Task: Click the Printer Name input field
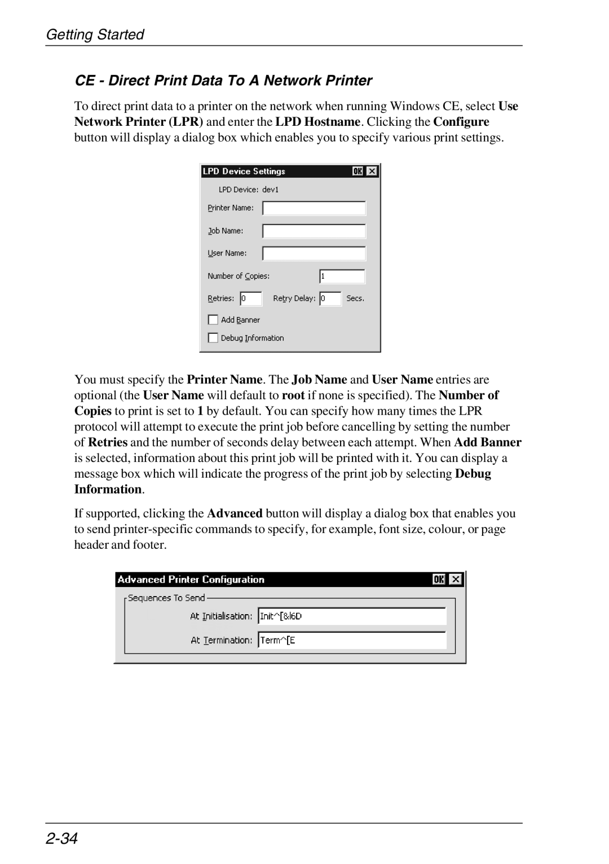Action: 314,209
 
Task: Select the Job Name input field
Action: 314,231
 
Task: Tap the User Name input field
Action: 314,254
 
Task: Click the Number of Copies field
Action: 342,276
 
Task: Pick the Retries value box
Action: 251,299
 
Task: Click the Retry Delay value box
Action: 330,299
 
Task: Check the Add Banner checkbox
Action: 213,320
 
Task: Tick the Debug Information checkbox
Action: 213,338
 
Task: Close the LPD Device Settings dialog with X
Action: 372,171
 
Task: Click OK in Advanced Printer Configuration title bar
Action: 439,579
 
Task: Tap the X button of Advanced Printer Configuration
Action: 456,579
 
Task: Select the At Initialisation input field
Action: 352,616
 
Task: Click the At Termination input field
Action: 352,640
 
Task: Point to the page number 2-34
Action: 61,839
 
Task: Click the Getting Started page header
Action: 95,34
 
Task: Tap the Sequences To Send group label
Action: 166,598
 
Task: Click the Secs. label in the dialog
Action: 355,298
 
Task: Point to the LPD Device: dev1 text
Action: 249,189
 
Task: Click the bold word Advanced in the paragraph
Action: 235,513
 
